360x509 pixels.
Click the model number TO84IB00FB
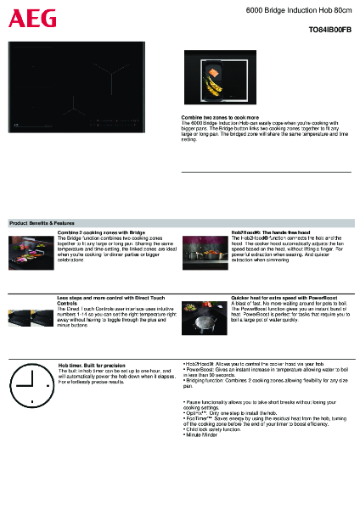[328, 28]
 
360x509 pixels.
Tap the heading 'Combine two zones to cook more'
[220, 116]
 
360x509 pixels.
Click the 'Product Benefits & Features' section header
[48, 222]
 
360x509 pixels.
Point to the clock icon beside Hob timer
[31, 386]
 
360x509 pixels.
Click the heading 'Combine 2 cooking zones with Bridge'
[101, 232]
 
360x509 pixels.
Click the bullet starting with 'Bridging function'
[263, 382]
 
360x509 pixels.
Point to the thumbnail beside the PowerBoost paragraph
[205, 318]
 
